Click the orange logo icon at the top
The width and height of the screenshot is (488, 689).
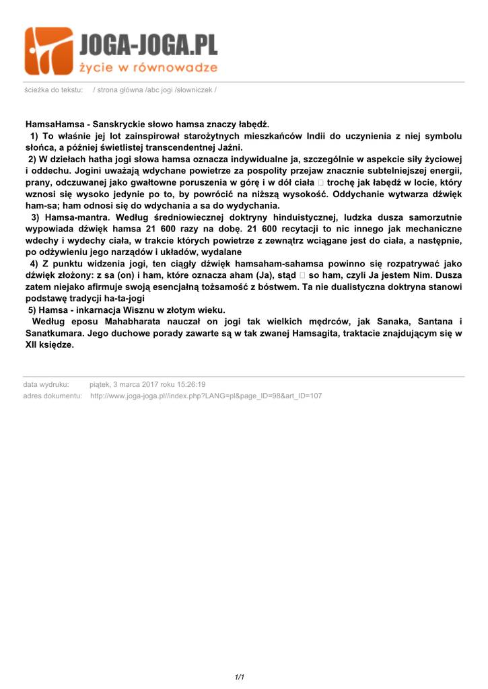tap(48, 51)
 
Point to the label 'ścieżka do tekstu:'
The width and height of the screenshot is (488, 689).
tap(53, 90)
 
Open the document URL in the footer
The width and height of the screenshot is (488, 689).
tap(206, 396)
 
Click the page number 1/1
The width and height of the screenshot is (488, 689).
tap(239, 677)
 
